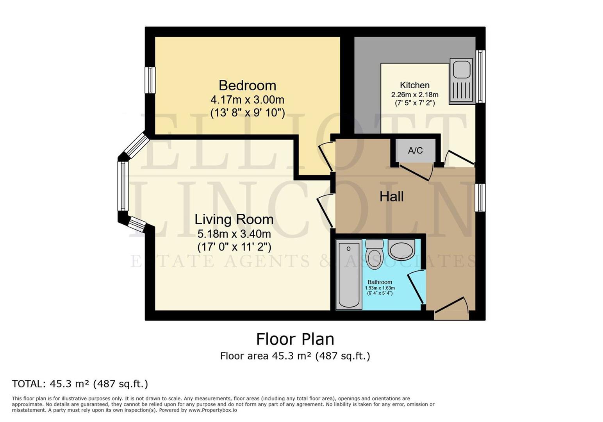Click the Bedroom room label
(x=247, y=86)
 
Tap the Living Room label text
(x=234, y=220)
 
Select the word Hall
(x=391, y=197)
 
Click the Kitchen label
(x=414, y=85)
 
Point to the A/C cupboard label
(x=415, y=151)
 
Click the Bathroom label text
(x=380, y=282)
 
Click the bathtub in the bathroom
(x=349, y=275)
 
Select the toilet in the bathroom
(x=375, y=254)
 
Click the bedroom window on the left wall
(x=150, y=80)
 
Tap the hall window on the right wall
(x=480, y=198)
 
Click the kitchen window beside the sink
(x=481, y=77)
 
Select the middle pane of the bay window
(x=123, y=186)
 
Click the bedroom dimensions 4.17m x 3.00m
(x=247, y=99)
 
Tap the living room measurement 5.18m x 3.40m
(x=234, y=234)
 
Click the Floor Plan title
(x=295, y=339)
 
